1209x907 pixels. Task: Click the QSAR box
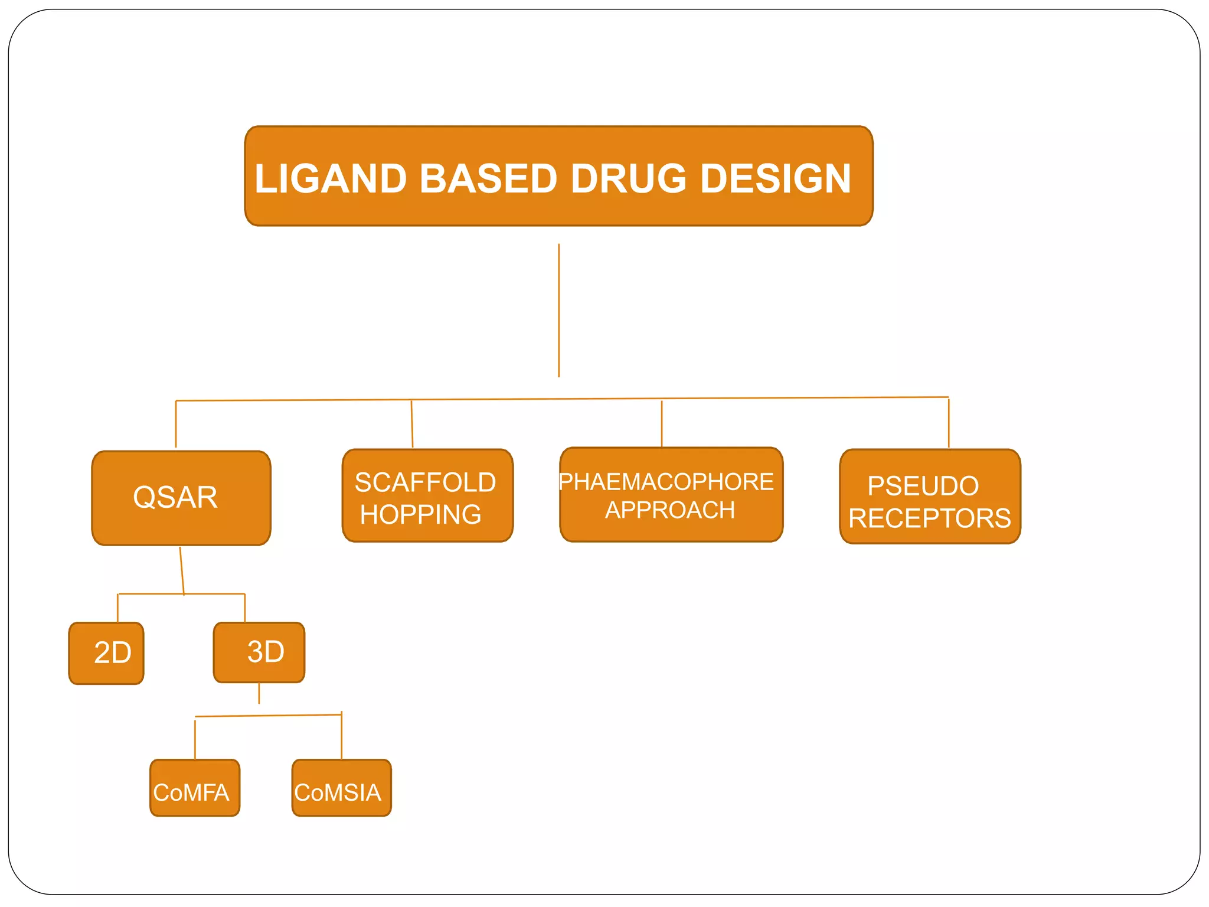pyautogui.click(x=181, y=498)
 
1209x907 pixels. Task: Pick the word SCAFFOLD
pyautogui.click(x=425, y=482)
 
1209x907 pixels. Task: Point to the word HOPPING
pyautogui.click(x=420, y=514)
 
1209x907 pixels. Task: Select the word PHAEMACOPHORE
pyautogui.click(x=666, y=482)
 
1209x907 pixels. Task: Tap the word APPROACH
pyautogui.click(x=670, y=510)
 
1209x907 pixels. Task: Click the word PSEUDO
pyautogui.click(x=923, y=487)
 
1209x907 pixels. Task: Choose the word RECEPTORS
pyautogui.click(x=929, y=518)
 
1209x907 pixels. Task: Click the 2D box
pyautogui.click(x=107, y=653)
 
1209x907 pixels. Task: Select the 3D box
pyautogui.click(x=259, y=652)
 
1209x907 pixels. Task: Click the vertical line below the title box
pyautogui.click(x=558, y=310)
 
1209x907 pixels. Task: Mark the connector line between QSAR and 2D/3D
pyautogui.click(x=182, y=570)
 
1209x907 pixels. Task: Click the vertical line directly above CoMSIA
pyautogui.click(x=341, y=737)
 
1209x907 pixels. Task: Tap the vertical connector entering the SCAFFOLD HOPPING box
pyautogui.click(x=412, y=425)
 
